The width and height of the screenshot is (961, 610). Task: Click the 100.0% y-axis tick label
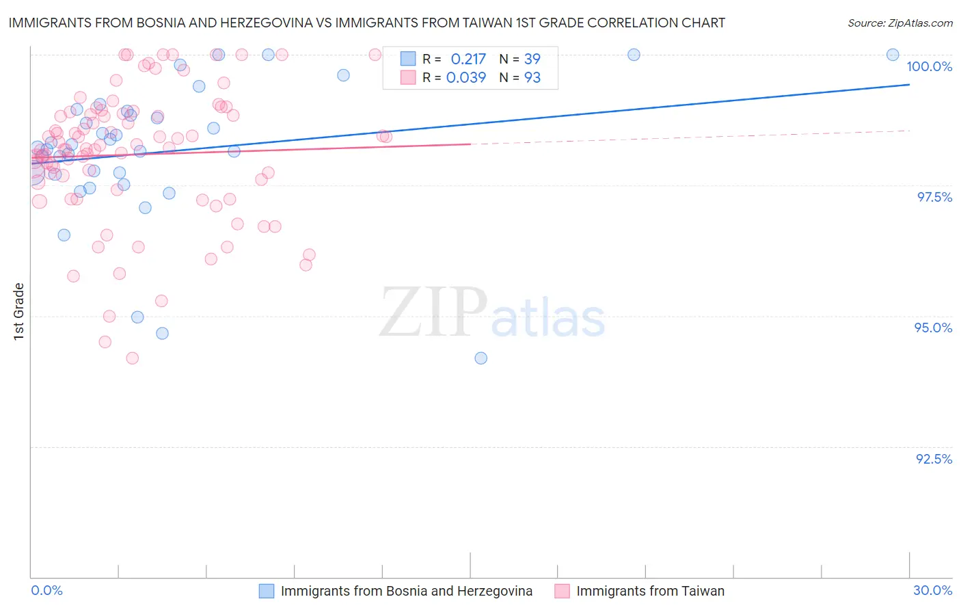click(929, 66)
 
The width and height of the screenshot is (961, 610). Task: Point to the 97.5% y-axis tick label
click(934, 197)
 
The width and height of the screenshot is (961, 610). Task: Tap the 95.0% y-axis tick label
click(933, 328)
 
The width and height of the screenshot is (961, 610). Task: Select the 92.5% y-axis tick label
click(934, 459)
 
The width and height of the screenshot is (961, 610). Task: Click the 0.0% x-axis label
click(46, 590)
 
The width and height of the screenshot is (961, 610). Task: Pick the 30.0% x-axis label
click(932, 590)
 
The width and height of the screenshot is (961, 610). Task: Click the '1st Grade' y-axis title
click(19, 311)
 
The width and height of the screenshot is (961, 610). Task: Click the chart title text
click(366, 23)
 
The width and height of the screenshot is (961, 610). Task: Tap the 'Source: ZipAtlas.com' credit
click(899, 23)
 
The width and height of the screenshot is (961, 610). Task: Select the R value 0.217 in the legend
click(468, 59)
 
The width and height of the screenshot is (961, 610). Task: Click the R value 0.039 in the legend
click(465, 77)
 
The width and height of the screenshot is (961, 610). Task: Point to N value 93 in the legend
click(532, 77)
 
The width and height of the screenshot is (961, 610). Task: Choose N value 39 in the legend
click(532, 59)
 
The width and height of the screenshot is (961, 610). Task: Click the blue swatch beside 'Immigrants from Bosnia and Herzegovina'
click(267, 591)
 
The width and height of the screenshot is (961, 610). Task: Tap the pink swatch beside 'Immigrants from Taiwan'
click(562, 591)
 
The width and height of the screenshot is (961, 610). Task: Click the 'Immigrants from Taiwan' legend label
click(650, 591)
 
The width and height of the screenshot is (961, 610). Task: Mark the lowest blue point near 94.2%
click(481, 358)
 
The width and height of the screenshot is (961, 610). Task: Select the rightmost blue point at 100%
click(893, 55)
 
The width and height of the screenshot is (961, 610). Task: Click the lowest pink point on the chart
click(133, 358)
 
